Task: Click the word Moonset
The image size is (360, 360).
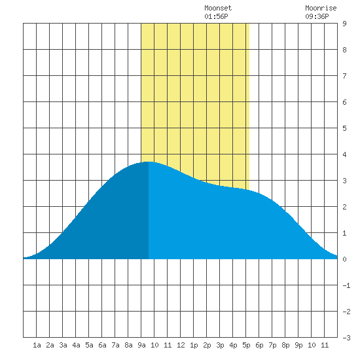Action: click(x=218, y=8)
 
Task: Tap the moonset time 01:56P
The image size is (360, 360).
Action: click(x=216, y=16)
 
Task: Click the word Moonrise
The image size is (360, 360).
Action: click(x=321, y=8)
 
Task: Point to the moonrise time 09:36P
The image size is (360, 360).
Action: click(x=317, y=16)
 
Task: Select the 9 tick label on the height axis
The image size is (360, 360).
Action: click(x=344, y=24)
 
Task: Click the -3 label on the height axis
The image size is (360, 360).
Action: click(x=346, y=338)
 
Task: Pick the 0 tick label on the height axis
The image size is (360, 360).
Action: click(x=344, y=259)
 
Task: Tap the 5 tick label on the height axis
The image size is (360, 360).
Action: click(x=344, y=128)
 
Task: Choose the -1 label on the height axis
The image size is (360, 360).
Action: click(x=346, y=285)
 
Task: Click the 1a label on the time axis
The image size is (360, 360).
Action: click(x=37, y=345)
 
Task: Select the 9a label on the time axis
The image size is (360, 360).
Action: click(x=141, y=345)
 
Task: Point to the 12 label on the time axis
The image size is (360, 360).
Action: click(x=181, y=345)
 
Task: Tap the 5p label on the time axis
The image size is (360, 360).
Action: click(x=246, y=345)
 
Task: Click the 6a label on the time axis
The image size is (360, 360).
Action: click(x=102, y=345)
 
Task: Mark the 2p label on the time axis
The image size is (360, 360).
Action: click(x=207, y=345)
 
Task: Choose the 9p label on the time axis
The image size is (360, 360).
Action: click(x=298, y=345)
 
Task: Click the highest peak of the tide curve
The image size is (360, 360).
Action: click(x=149, y=162)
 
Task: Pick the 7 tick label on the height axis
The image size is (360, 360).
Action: click(x=344, y=76)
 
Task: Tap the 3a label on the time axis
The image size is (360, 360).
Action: click(x=63, y=345)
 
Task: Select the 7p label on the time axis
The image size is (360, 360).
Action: click(x=272, y=345)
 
